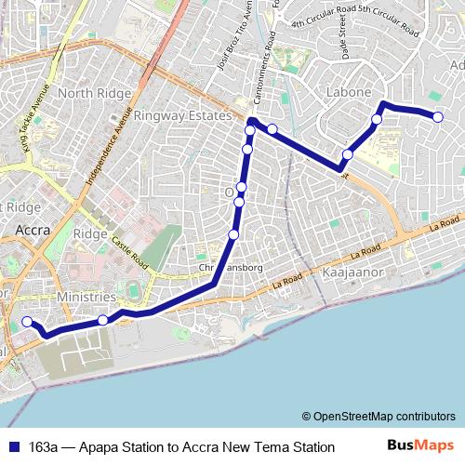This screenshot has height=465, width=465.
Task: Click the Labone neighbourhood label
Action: click(x=350, y=92)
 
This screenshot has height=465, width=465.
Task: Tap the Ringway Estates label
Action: click(x=181, y=115)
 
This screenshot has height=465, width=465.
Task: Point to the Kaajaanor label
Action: click(x=345, y=276)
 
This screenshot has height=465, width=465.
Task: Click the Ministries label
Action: click(x=85, y=297)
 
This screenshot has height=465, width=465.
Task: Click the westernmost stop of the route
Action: click(x=27, y=322)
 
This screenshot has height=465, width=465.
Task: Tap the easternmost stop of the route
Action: click(x=438, y=115)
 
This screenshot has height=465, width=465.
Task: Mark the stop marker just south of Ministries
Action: click(x=102, y=320)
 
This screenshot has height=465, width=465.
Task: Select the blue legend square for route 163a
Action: click(x=14, y=446)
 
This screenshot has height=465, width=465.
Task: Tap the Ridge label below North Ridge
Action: click(x=90, y=234)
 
